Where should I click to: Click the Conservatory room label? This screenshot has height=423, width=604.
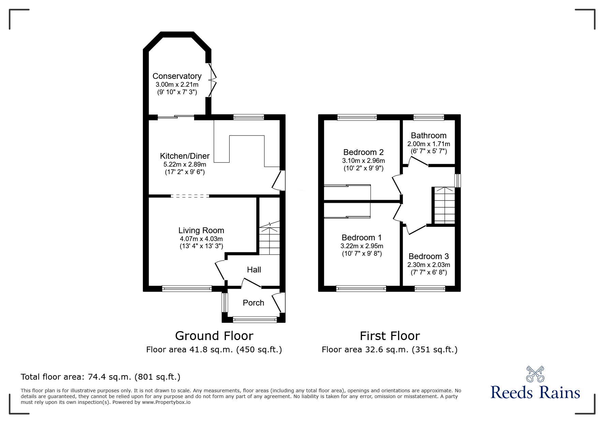click(177, 76)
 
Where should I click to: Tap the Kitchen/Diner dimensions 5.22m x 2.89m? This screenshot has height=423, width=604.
click(185, 165)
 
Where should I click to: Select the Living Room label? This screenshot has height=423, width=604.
click(201, 230)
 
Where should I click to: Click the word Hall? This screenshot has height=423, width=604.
click(254, 270)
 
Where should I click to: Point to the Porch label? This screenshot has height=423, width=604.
click(253, 303)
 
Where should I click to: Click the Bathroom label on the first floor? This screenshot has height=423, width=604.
click(428, 136)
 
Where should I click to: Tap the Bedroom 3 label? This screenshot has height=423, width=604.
click(428, 256)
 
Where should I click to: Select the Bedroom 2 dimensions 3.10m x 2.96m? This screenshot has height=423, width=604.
click(363, 160)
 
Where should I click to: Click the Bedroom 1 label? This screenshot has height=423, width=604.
click(362, 238)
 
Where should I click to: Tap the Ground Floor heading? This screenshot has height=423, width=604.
click(214, 336)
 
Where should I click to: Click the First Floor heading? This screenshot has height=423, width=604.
click(389, 336)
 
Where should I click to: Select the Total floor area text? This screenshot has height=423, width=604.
click(101, 377)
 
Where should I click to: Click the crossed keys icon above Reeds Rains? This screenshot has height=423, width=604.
click(535, 374)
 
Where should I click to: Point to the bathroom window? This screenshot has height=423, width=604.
click(429, 117)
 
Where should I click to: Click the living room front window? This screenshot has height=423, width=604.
click(187, 289)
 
